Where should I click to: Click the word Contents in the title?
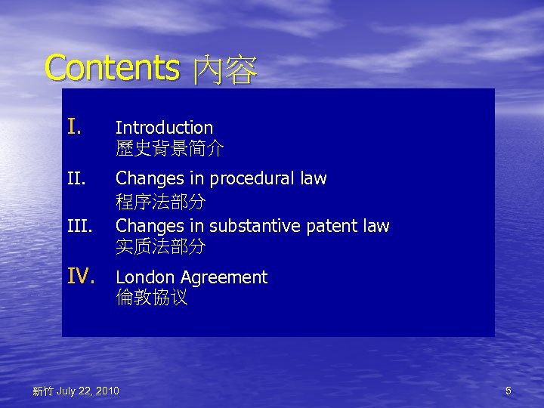pyautogui.click(x=111, y=67)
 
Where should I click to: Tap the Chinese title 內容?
pyautogui.click(x=224, y=71)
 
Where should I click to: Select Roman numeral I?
pyautogui.click(x=73, y=126)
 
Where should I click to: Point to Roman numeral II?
pyautogui.click(x=77, y=179)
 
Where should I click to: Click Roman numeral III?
pyautogui.click(x=79, y=226)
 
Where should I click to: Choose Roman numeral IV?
pyautogui.click(x=81, y=277)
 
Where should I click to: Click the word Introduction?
pyautogui.click(x=164, y=128)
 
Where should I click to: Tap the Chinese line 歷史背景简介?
pyautogui.click(x=169, y=149)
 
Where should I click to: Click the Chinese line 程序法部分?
pyautogui.click(x=160, y=202)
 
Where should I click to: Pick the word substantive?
pyautogui.click(x=254, y=226)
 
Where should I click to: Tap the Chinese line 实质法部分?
pyautogui.click(x=160, y=246)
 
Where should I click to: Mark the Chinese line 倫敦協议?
pyautogui.click(x=152, y=298)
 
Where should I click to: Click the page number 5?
pyautogui.click(x=508, y=391)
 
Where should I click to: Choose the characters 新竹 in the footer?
pyautogui.click(x=42, y=391)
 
